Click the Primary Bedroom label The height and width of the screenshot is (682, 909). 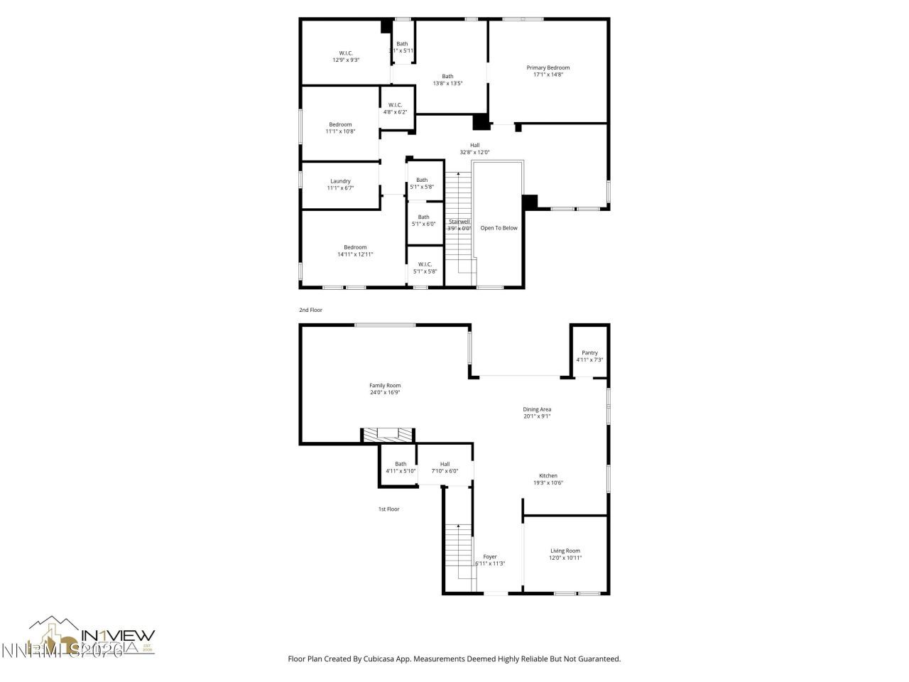click(548, 68)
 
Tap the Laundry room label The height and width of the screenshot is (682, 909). click(340, 181)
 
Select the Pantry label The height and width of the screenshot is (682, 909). click(589, 353)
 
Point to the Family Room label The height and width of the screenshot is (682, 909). click(385, 386)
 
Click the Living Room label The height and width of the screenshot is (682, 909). click(565, 551)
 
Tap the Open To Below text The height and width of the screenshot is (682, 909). click(499, 228)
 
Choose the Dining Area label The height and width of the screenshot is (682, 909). click(537, 409)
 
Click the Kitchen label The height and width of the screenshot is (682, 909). click(548, 476)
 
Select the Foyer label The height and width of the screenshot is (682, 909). click(490, 557)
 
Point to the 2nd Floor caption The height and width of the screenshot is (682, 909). click(310, 310)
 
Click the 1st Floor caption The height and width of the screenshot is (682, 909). click(388, 509)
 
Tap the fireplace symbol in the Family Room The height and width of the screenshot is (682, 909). click(388, 433)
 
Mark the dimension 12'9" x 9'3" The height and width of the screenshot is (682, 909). click(346, 60)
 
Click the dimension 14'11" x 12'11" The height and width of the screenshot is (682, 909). click(355, 254)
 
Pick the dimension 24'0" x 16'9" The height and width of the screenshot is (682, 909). click(385, 393)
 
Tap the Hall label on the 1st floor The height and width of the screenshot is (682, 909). click(445, 464)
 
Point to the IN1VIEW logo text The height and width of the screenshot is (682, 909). click(118, 636)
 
